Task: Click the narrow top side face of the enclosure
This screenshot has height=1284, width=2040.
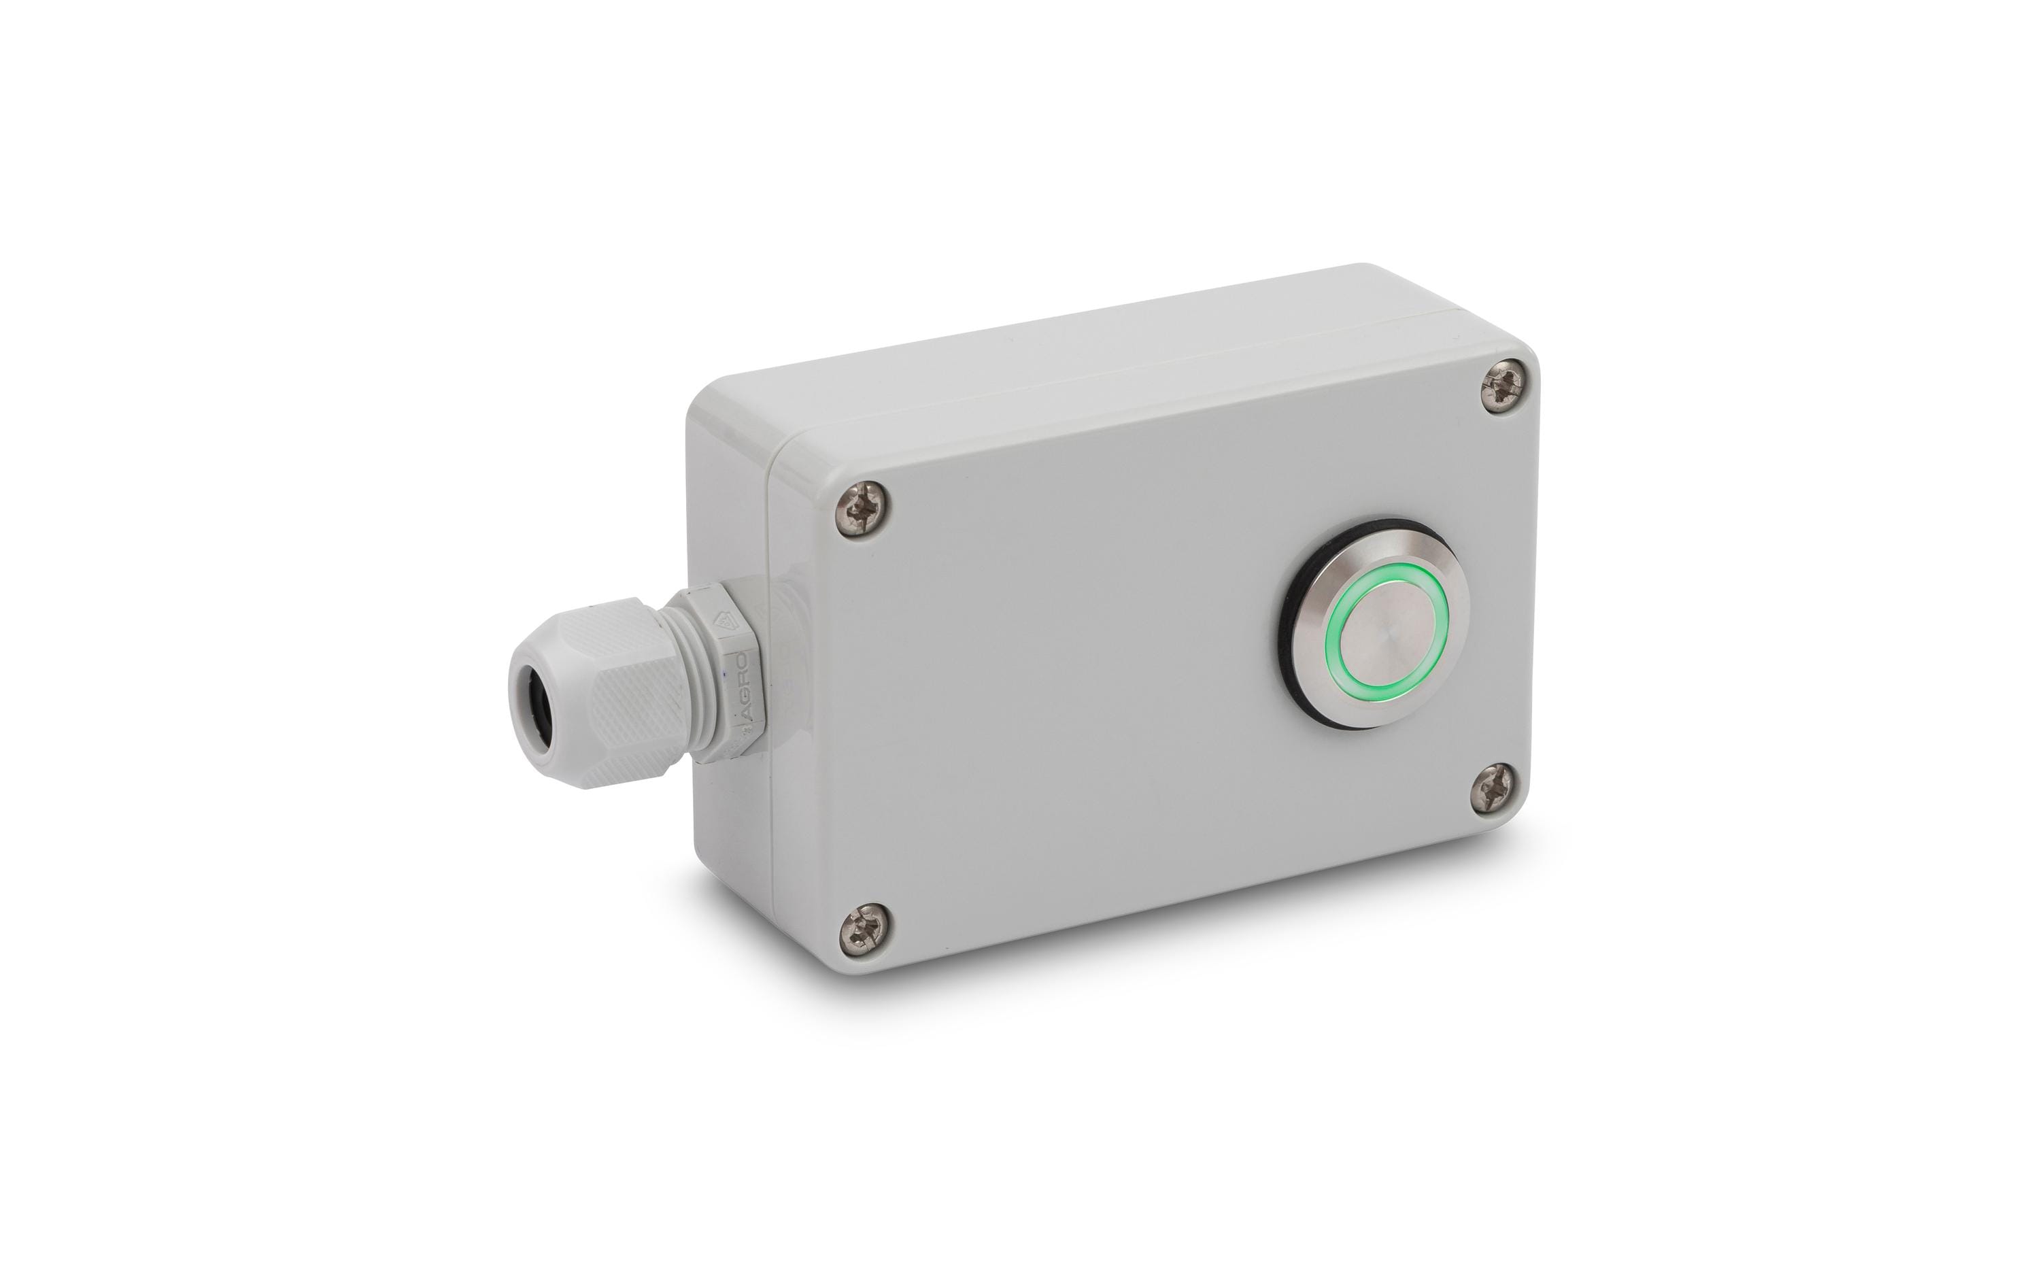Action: pos(1102,356)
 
